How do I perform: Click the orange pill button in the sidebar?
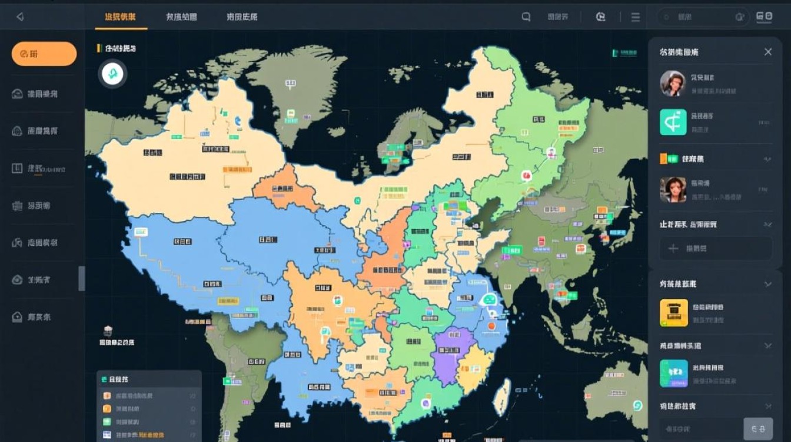pos(44,54)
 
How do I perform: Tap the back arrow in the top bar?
pos(20,17)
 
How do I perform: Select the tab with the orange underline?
pos(120,17)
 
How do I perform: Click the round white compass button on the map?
pos(112,74)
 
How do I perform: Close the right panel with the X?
pos(768,52)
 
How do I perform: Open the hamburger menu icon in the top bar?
pos(636,17)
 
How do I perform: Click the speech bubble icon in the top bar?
pos(526,17)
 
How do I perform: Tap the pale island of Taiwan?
pos(502,396)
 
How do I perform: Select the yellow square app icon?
pos(674,313)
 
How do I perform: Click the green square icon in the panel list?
pos(673,122)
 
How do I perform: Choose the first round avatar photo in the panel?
pos(673,83)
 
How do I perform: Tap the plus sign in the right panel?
pos(673,248)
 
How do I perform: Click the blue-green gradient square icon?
pos(674,373)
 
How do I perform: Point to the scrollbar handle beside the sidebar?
pos(82,278)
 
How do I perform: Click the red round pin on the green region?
pos(526,175)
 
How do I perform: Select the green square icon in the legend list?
pos(107,421)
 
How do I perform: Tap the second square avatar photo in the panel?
pos(673,189)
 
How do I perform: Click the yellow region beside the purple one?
pos(476,368)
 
